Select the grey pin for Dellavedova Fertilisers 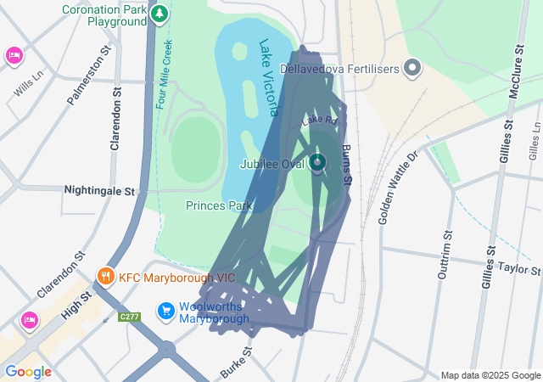point(413,67)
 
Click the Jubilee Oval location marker point(317,162)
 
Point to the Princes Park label point(219,205)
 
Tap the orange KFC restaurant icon point(106,276)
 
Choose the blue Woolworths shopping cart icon point(166,311)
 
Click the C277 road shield point(130,317)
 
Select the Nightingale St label point(100,192)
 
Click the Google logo point(28,371)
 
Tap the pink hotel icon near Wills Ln point(14,56)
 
